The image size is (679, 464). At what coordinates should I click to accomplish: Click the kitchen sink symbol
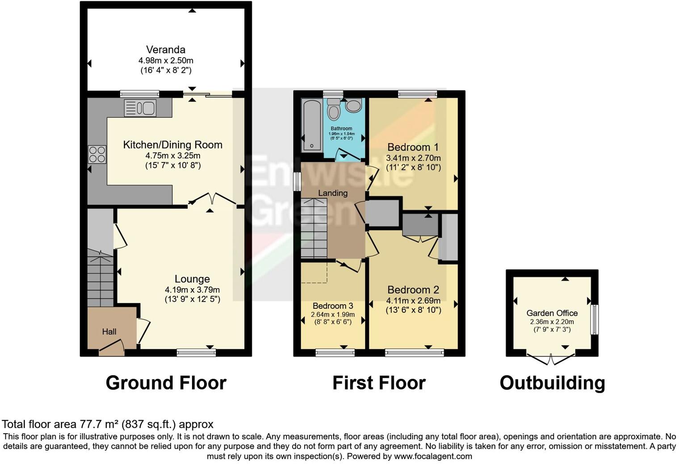140,108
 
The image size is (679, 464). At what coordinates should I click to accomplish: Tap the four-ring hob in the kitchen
97,154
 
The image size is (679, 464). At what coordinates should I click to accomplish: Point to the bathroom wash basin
354,106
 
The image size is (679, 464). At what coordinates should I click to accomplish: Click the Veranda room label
166,50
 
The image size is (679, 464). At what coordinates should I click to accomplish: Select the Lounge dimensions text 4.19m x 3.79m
192,290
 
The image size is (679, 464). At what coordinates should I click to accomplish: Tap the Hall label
109,331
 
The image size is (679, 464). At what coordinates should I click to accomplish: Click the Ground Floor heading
166,383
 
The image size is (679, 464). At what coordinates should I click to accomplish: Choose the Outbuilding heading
552,383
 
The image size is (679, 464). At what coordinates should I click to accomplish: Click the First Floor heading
379,383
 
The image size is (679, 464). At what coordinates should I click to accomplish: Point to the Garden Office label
552,313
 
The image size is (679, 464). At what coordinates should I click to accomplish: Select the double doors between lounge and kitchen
212,199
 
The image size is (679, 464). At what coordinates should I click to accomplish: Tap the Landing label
333,193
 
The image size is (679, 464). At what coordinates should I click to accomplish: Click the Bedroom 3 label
333,306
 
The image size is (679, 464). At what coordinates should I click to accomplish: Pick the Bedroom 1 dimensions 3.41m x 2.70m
413,158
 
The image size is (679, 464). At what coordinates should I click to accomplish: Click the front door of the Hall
111,348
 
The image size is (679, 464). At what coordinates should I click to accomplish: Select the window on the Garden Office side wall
594,319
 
